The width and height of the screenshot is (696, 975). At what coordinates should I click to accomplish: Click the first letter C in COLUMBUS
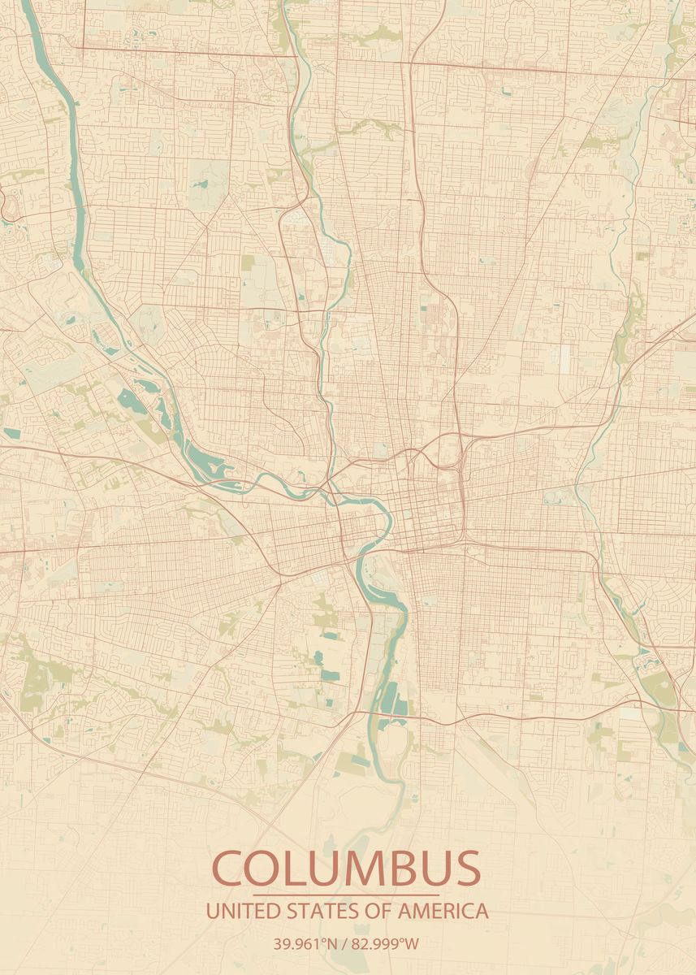coord(231,869)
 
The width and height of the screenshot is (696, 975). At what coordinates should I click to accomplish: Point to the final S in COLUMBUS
coord(465,869)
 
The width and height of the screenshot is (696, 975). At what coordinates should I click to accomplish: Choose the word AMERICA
coord(443,911)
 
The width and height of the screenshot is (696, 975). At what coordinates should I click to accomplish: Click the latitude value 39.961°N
coord(305,944)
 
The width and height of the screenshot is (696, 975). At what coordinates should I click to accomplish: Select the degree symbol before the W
coord(405,941)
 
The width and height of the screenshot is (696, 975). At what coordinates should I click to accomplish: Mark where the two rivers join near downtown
coord(331,492)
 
